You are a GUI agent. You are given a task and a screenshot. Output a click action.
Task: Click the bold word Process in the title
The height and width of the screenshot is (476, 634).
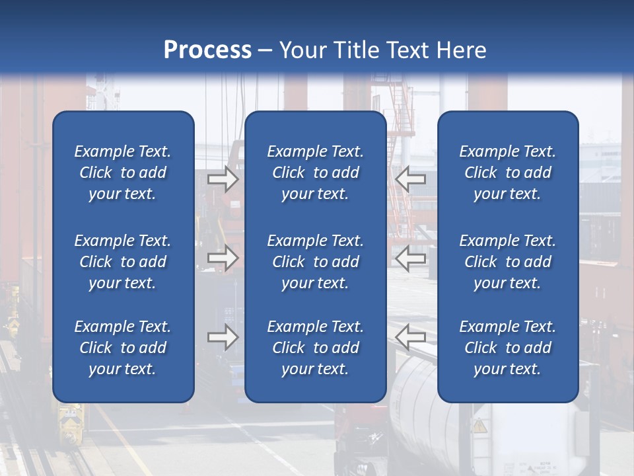tap(207, 50)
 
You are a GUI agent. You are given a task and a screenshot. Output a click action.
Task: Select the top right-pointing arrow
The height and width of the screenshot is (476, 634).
tap(223, 179)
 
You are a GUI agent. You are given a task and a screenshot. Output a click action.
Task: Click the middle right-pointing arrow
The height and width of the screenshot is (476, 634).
tap(223, 258)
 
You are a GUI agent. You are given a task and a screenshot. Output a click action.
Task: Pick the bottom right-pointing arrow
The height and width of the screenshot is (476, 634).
tap(223, 337)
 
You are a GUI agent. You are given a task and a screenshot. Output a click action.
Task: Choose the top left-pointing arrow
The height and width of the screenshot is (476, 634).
tap(411, 179)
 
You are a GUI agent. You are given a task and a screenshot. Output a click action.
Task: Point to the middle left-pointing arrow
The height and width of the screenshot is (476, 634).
tap(411, 258)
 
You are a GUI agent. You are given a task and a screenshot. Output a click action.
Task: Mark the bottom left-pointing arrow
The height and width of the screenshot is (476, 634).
tap(411, 337)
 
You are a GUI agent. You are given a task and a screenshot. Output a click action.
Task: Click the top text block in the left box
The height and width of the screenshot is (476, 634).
tap(123, 173)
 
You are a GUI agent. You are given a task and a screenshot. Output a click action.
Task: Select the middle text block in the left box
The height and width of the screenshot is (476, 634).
tap(123, 262)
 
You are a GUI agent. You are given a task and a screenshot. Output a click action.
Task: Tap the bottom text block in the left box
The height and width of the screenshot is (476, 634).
tap(123, 348)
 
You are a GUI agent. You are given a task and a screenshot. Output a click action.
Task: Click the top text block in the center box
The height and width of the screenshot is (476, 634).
tap(315, 173)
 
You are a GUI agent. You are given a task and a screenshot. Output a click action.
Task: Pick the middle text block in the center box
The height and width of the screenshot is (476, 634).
tap(315, 262)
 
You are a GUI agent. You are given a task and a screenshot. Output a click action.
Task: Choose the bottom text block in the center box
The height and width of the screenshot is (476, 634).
tap(315, 348)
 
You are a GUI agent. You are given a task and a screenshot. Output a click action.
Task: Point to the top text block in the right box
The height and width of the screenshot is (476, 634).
tap(507, 173)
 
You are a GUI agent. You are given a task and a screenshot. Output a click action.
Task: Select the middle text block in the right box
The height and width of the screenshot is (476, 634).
tap(507, 262)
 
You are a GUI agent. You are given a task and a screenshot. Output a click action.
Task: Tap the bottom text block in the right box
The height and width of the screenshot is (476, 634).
tap(507, 348)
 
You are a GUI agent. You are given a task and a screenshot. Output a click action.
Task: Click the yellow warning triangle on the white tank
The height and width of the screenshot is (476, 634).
tap(479, 426)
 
